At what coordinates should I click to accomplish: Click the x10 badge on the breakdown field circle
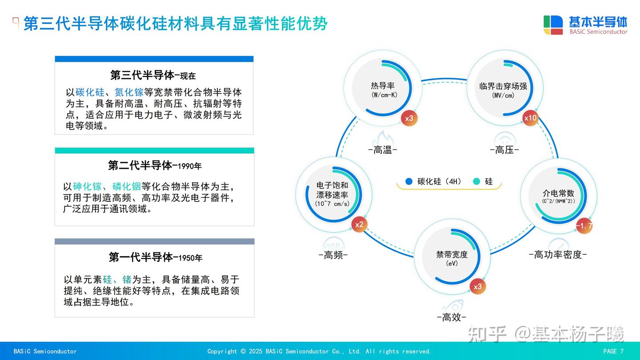coord(530,118)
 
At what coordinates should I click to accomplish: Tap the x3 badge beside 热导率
coord(409,118)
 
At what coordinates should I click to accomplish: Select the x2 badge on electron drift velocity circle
coord(359,224)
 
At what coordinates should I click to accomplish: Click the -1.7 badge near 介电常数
coord(584,226)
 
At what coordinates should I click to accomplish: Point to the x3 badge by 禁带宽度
coord(477,286)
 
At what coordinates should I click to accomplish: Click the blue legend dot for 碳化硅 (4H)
coord(409,181)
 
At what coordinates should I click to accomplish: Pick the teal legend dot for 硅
coord(477,181)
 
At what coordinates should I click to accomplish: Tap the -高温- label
coord(383,150)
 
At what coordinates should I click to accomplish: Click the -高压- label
coord(504,150)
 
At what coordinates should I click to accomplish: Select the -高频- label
coord(333,255)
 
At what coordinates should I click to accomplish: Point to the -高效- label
coord(451,317)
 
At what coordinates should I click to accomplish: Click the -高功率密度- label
coord(558,255)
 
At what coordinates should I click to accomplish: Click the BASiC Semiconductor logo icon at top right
coord(553,25)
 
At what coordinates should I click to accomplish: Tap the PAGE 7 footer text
coord(613,351)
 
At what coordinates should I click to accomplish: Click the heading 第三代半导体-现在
coord(153,75)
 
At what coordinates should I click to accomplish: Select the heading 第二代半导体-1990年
coord(154,166)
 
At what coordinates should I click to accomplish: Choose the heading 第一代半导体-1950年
coord(155,257)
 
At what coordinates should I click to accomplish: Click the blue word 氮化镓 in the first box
coord(129,92)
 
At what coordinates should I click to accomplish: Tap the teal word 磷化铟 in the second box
coord(126,186)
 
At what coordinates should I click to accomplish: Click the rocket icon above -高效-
coord(452,306)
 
